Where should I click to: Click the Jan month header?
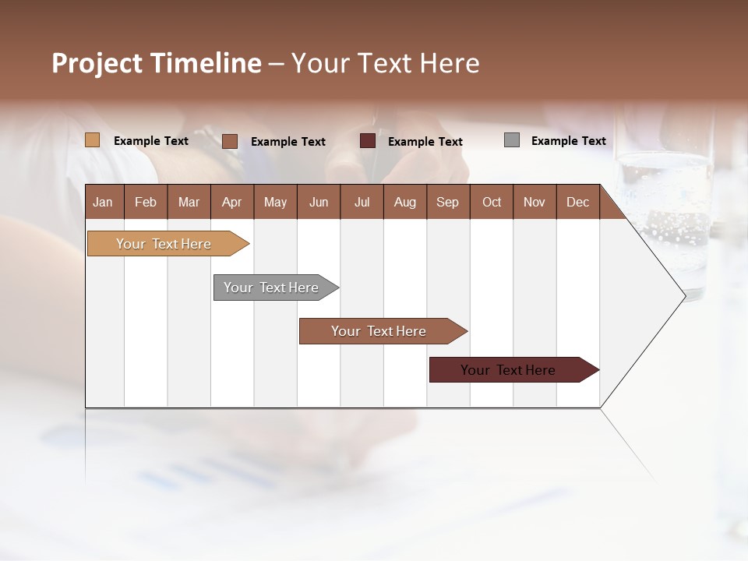coord(103,202)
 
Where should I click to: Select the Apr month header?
coord(231,202)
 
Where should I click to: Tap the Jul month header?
coord(362,202)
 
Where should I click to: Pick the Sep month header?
coord(447,202)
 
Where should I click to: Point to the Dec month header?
coord(577,202)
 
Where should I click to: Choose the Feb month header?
coord(146,202)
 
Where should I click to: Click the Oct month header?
coord(492,202)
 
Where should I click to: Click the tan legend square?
coord(93,140)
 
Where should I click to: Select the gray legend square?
coord(512,140)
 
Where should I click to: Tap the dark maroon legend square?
coord(368,141)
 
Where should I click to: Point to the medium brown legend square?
coord(230,141)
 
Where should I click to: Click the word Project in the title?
coord(98,63)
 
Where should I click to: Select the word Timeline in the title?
coord(206,63)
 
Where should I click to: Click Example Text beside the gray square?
coord(568,141)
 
